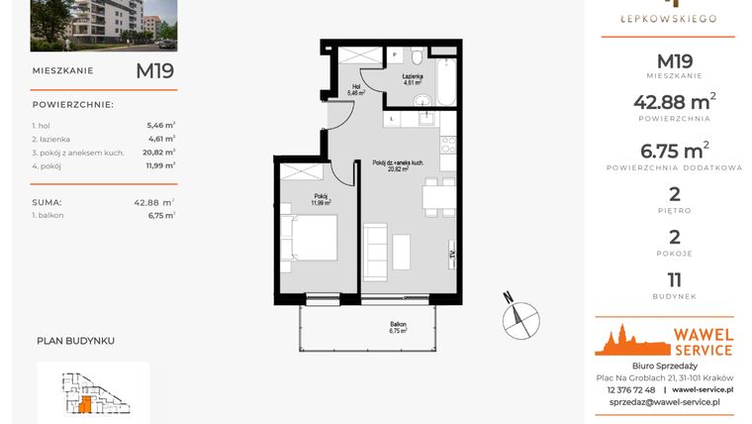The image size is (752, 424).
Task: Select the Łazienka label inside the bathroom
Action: point(413,79)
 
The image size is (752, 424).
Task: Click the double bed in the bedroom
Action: point(309,237)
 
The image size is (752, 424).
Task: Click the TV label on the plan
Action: point(451,255)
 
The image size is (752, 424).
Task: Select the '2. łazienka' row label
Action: point(52,140)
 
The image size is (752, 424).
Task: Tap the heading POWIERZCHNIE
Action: point(73,104)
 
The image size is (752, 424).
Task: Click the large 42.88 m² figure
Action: point(674,102)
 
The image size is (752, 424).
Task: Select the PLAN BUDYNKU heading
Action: point(75,340)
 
